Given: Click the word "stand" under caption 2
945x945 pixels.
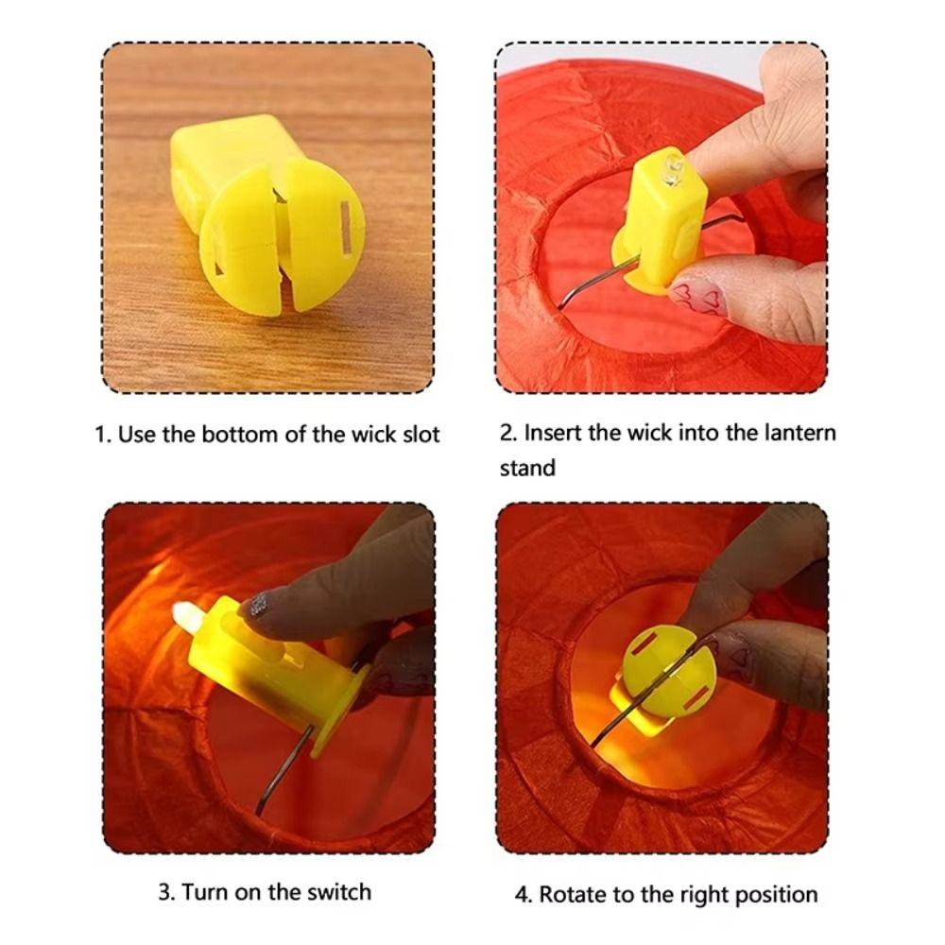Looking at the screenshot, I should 527,467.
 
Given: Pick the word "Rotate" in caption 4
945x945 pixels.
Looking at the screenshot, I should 573,894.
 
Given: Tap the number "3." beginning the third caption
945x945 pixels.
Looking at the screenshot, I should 165,891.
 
